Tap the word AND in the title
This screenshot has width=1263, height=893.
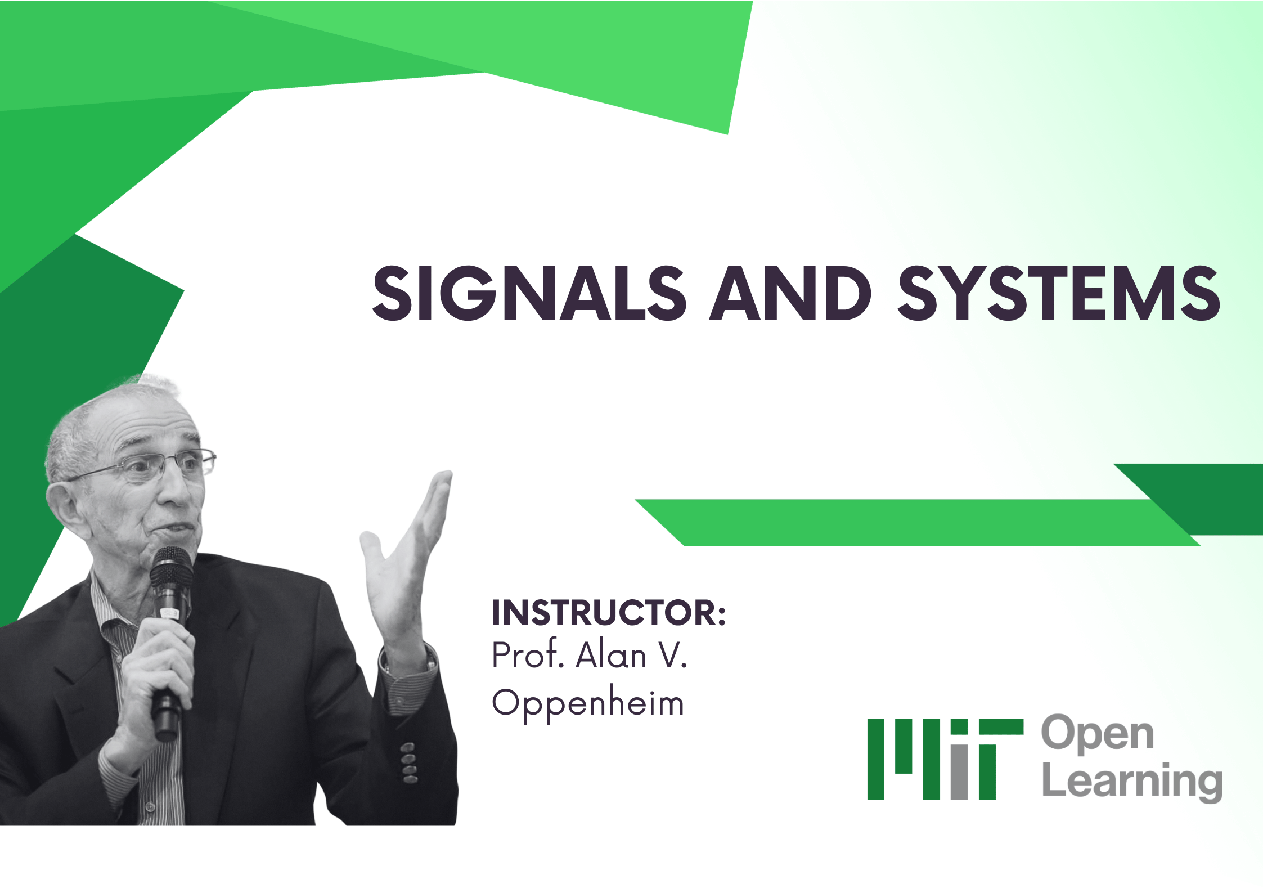click(x=790, y=294)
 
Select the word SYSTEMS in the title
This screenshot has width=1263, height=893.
click(x=1058, y=294)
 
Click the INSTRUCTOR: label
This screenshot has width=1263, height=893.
click(x=609, y=613)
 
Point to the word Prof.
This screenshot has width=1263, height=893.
click(x=527, y=656)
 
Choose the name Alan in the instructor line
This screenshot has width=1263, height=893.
click(x=612, y=656)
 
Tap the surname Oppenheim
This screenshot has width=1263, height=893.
click(x=588, y=703)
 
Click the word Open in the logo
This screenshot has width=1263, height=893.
click(x=1098, y=734)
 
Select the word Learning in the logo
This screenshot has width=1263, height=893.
click(x=1132, y=782)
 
